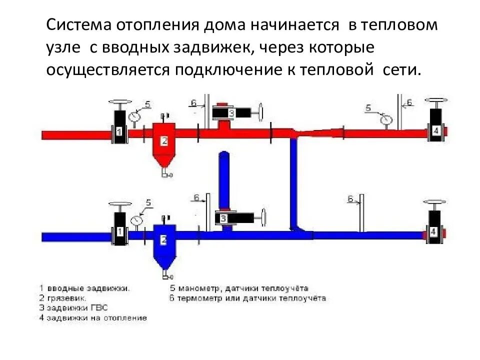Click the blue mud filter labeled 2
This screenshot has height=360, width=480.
pyautogui.click(x=164, y=242)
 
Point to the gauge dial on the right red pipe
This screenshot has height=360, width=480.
pyautogui.click(x=385, y=120)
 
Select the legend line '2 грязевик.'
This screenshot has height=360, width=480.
pyautogui.click(x=62, y=297)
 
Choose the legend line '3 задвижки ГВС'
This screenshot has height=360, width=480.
pyautogui.click(x=73, y=307)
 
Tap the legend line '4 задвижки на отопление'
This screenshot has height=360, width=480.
pyautogui.click(x=92, y=317)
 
